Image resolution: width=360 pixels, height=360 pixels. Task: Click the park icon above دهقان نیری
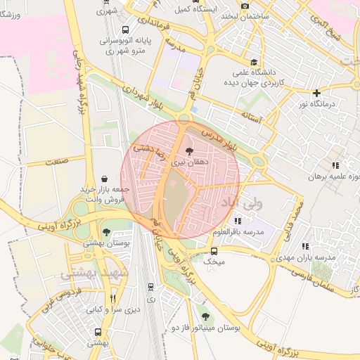click(x=188, y=150)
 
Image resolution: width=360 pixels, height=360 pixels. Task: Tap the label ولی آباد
click(x=241, y=202)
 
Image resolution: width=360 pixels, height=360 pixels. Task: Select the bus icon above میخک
click(x=214, y=251)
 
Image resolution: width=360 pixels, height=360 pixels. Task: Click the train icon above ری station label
click(x=151, y=287)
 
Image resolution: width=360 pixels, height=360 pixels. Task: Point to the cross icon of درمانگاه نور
click(x=317, y=93)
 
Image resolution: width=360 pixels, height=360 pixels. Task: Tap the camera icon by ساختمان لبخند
click(x=245, y=6)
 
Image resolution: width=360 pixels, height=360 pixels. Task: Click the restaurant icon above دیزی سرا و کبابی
click(x=112, y=298)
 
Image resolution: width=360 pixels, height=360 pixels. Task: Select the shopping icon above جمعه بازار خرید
click(x=105, y=179)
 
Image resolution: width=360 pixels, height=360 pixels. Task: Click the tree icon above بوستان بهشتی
click(x=106, y=232)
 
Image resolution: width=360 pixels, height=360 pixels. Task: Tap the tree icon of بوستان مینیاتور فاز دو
click(x=205, y=316)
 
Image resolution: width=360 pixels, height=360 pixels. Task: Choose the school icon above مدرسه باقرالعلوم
click(x=237, y=221)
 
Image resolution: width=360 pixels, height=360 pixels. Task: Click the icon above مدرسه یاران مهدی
click(x=304, y=246)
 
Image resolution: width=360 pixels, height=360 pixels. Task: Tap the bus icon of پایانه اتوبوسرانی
click(x=124, y=30)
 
